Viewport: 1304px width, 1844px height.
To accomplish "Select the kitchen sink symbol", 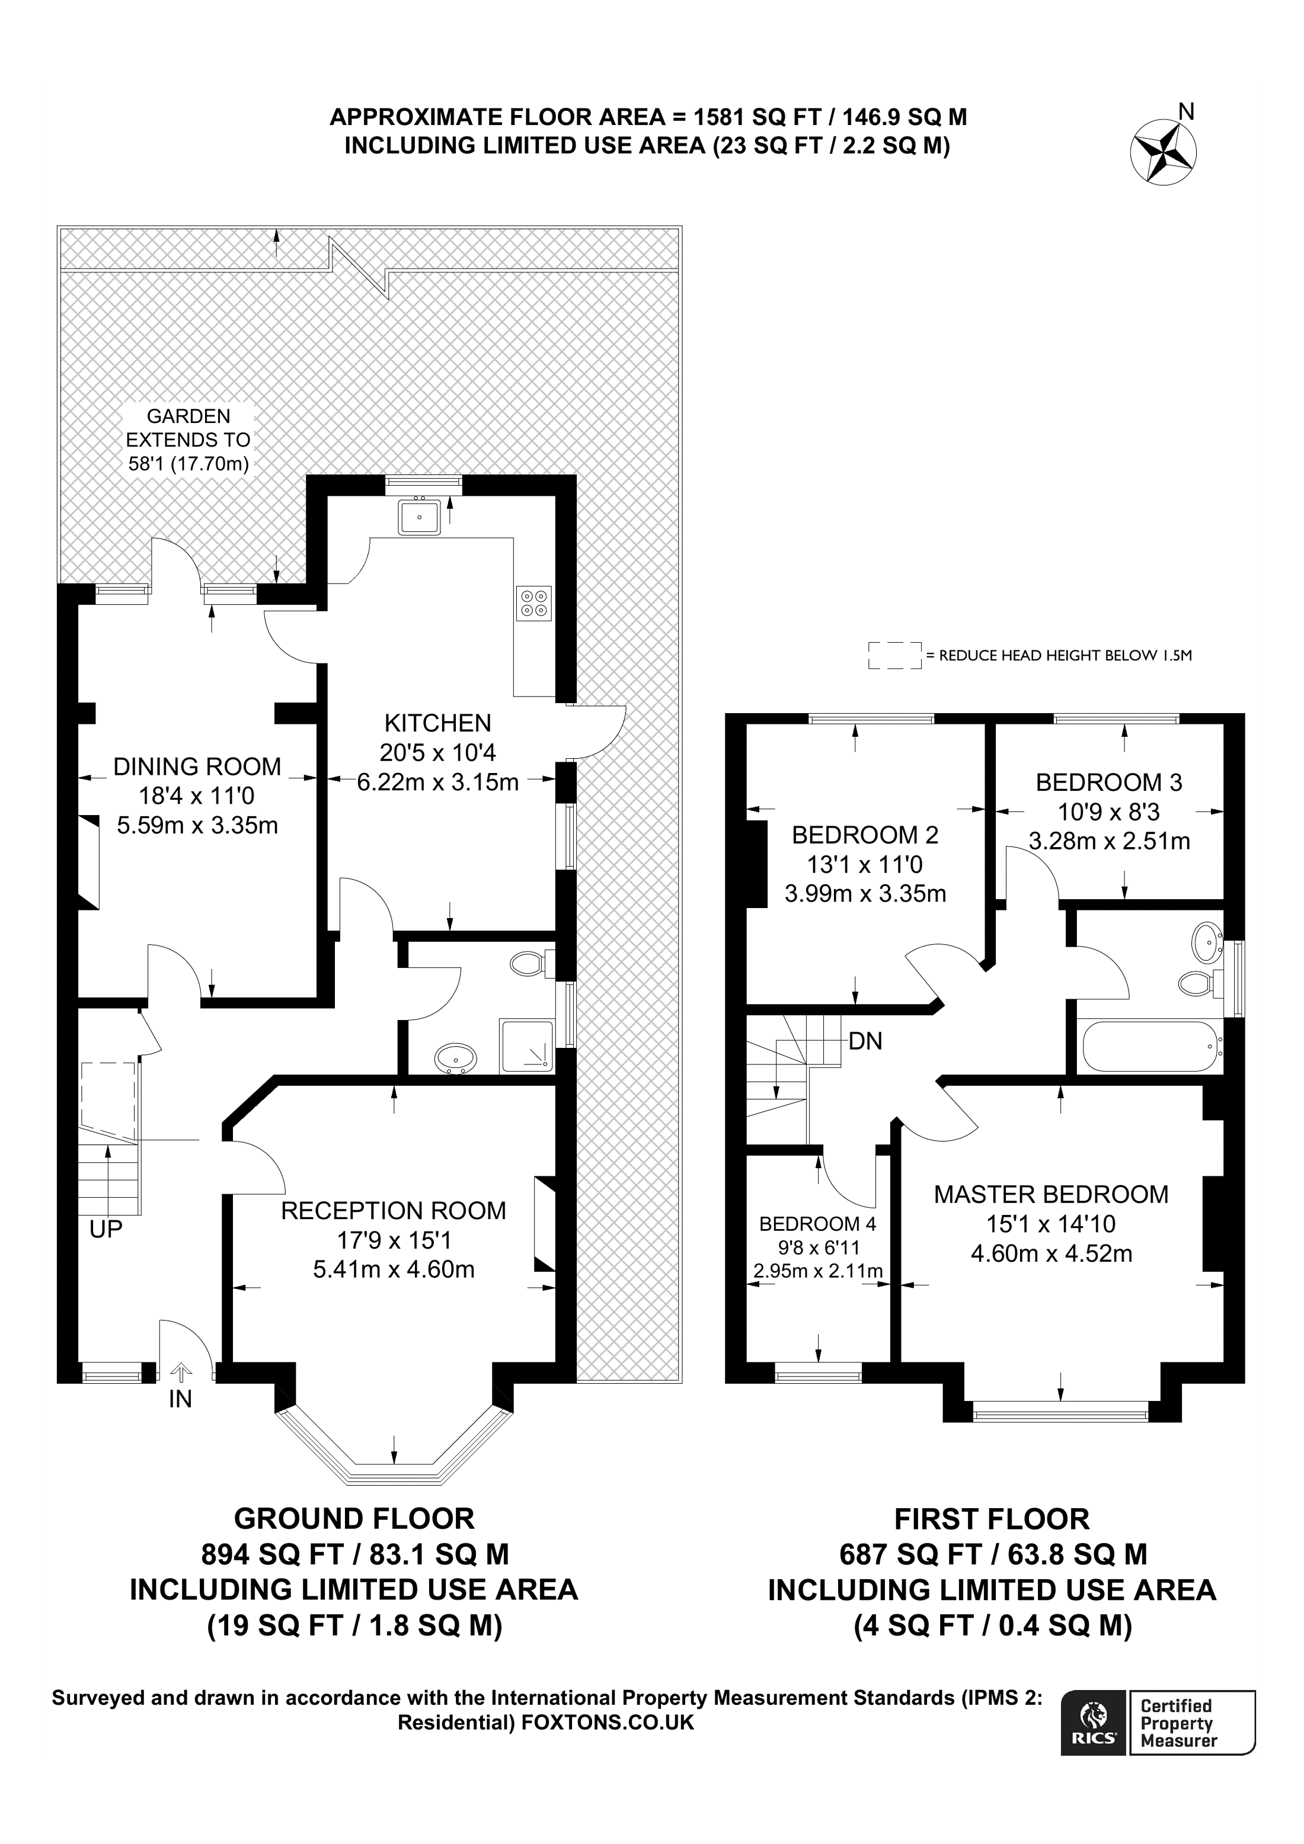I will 418,517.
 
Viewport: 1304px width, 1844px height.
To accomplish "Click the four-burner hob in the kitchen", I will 534,602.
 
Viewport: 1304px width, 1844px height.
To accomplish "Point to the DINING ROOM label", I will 197,766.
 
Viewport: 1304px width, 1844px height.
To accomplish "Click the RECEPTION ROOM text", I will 393,1210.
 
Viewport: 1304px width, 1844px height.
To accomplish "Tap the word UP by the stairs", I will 106,1229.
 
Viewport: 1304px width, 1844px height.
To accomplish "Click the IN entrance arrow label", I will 180,1399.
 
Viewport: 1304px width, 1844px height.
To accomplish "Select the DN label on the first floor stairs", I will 865,1042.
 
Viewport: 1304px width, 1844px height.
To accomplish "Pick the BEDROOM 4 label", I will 817,1223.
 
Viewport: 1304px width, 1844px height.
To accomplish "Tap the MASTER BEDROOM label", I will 1050,1194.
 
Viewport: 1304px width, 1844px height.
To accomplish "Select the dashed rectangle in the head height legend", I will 894,655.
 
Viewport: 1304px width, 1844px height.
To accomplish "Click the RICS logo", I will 1092,1724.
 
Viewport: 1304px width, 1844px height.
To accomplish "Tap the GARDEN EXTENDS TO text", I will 188,440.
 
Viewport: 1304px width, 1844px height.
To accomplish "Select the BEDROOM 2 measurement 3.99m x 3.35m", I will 865,893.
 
